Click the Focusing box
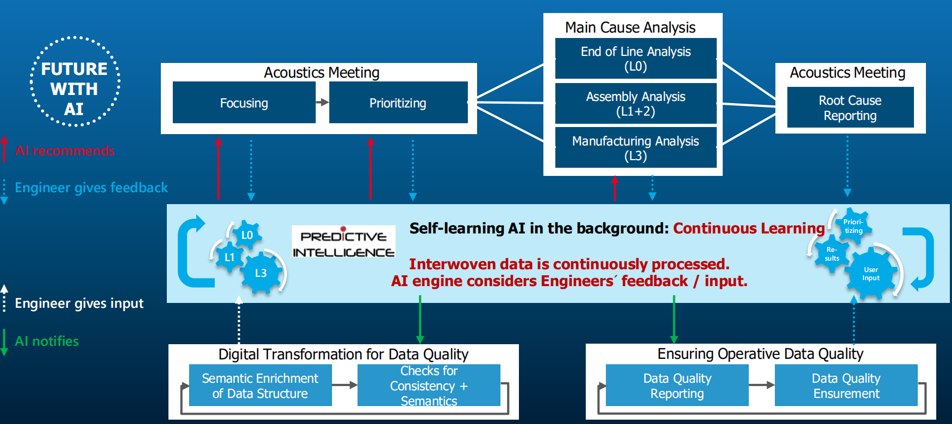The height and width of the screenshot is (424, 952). pos(244,103)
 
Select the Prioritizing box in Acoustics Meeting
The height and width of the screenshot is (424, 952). pos(398,103)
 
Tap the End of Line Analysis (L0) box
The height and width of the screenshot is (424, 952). pos(636,59)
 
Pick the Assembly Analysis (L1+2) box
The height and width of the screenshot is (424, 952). pos(636,104)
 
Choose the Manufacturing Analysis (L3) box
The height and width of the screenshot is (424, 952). pos(636,148)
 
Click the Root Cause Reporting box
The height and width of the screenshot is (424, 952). pos(850,107)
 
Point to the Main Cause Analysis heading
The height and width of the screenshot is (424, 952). pos(630,27)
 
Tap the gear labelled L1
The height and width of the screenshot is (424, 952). pos(229,257)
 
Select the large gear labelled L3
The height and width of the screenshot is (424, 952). pos(261,273)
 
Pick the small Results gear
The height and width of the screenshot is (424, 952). pos(832,254)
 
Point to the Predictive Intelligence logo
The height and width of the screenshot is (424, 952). pos(343,244)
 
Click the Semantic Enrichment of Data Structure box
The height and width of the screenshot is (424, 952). pos(260,385)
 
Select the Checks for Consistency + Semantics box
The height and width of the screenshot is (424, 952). pos(429,385)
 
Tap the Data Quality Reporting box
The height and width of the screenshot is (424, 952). pos(677,385)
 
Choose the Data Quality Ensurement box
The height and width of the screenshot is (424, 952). pos(846,385)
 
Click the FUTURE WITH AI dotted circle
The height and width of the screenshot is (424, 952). pos(74,82)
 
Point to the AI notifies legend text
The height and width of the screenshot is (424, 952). pos(47,341)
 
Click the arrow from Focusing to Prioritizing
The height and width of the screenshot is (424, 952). pos(322,102)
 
